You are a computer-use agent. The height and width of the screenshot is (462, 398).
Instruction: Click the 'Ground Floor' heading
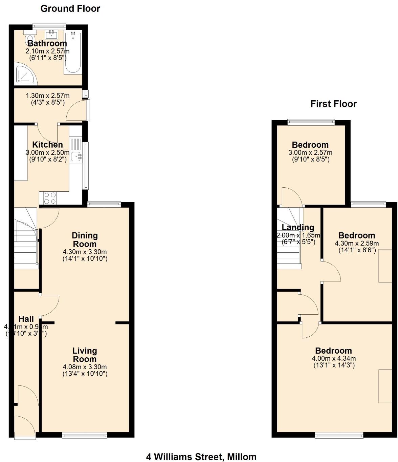[x=70, y=8]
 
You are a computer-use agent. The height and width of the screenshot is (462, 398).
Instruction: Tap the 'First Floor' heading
[x=333, y=104]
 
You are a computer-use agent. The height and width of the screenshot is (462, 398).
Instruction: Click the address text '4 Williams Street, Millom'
[x=201, y=457]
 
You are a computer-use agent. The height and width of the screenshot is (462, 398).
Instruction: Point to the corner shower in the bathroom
[x=24, y=75]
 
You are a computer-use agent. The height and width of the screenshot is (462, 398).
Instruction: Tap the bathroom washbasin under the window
[x=51, y=34]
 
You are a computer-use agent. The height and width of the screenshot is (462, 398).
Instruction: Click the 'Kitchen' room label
[x=47, y=145]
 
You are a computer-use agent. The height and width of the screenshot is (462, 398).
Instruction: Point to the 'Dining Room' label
[x=85, y=239]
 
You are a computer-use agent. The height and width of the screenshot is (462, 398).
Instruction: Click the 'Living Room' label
[x=85, y=355]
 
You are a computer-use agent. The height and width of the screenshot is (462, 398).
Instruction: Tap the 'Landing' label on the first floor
[x=298, y=228]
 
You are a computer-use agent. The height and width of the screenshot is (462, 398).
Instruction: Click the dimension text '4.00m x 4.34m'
[x=334, y=358]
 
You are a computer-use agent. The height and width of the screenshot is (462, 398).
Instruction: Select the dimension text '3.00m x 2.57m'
[x=310, y=152]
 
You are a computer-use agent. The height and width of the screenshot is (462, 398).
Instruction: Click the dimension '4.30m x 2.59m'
[x=357, y=243]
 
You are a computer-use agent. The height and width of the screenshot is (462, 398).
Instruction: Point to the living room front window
[x=85, y=435]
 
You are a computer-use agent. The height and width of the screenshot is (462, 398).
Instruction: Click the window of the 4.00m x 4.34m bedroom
[x=339, y=435]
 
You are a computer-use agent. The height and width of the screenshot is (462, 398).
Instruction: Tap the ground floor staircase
[x=25, y=240]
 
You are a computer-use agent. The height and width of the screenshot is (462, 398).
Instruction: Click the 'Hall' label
[x=26, y=319]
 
